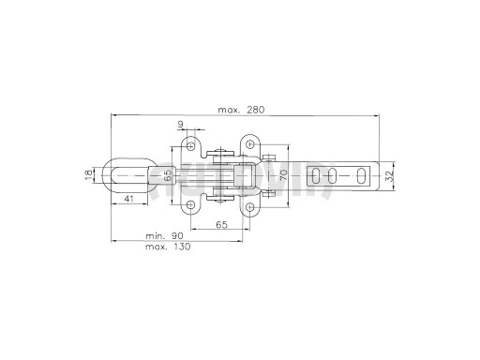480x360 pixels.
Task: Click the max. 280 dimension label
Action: pos(241,110)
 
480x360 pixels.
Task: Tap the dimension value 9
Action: pos(181,125)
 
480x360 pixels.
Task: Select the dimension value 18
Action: pos(89,174)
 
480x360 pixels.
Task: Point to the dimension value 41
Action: pos(128,199)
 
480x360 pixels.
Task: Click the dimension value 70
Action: pos(283,175)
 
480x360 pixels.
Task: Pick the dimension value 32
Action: pos(389,176)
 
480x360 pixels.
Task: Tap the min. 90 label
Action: pos(164,235)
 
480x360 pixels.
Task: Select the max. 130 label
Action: pos(168,247)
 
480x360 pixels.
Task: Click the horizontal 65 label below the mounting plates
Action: pos(221,224)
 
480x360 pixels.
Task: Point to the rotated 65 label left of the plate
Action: pos(168,175)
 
